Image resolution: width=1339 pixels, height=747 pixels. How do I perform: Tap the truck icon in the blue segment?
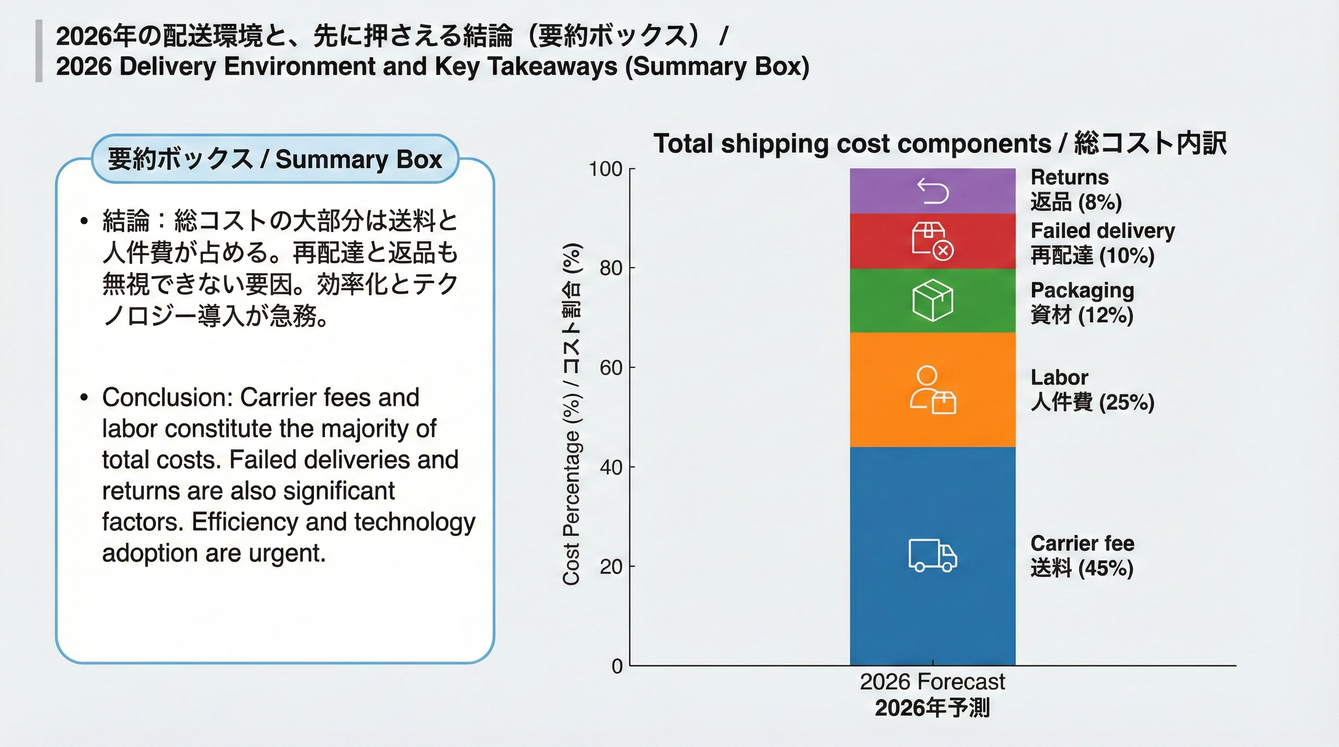point(933,555)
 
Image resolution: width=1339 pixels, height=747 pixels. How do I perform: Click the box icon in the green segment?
point(933,300)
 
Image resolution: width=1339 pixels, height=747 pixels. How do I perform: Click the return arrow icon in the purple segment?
point(933,191)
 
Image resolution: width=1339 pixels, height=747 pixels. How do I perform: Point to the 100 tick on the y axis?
point(605,169)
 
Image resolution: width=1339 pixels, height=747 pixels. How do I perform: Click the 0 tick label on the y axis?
point(617,666)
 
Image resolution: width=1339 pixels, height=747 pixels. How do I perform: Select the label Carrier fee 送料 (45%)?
point(1082,556)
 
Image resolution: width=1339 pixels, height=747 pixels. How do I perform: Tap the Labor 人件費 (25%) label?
point(1091,390)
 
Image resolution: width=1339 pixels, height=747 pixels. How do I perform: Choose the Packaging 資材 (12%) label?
point(1082,303)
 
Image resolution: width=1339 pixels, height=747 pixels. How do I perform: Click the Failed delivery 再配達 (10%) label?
point(1102,243)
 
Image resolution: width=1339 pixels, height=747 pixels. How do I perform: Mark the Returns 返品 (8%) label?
point(1075,190)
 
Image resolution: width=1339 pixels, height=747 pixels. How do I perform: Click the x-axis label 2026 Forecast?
point(932,681)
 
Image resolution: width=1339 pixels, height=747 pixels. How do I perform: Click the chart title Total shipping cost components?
point(852,143)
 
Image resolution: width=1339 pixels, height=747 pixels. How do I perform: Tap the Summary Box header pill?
point(274,159)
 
